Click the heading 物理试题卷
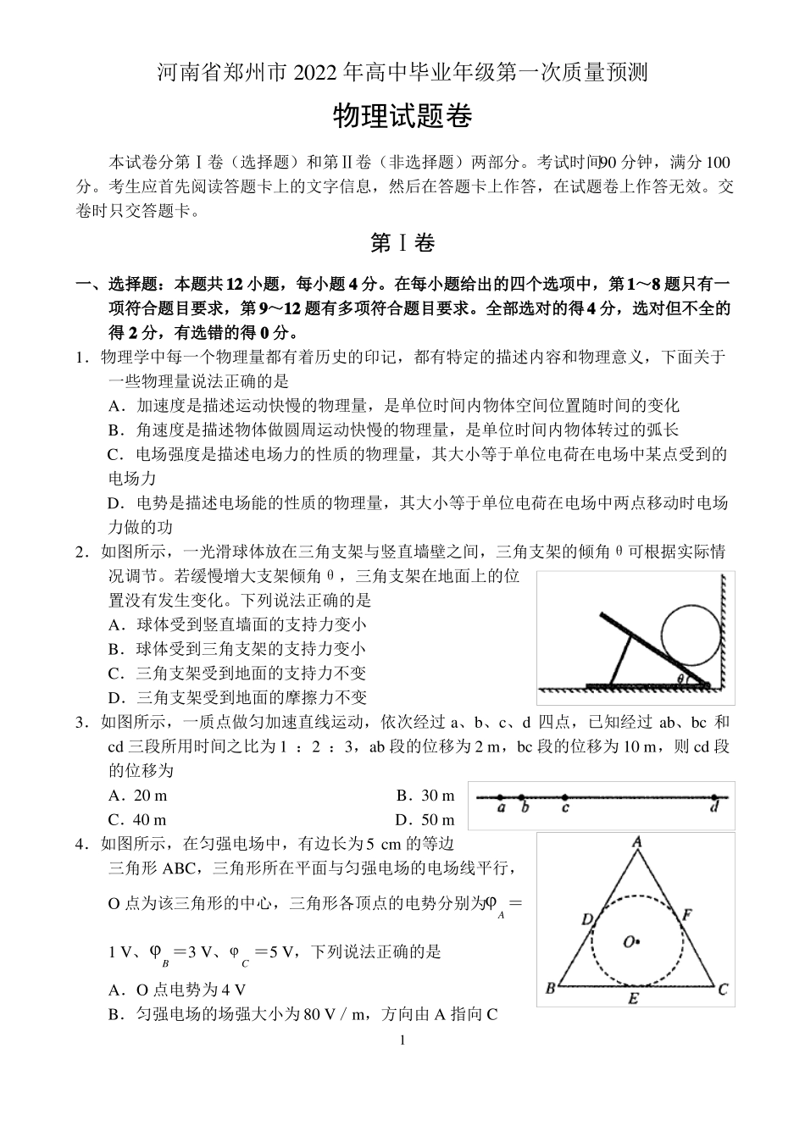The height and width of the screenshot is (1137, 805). (x=402, y=118)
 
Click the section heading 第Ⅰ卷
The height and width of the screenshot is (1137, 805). (x=402, y=243)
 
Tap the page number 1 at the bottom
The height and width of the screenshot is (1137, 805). (x=402, y=1040)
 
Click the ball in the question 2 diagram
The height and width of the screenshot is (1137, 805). (x=690, y=634)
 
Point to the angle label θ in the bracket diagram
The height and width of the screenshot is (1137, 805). (x=680, y=679)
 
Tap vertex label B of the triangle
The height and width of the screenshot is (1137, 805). (x=549, y=988)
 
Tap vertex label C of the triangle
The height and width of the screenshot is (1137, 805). (x=723, y=988)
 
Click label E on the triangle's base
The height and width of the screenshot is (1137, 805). (x=633, y=999)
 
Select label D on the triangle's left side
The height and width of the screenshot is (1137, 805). (x=586, y=919)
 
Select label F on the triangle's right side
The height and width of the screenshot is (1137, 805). (x=687, y=915)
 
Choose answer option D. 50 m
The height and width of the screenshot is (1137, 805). (x=425, y=820)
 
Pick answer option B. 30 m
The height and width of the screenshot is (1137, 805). (x=425, y=796)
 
